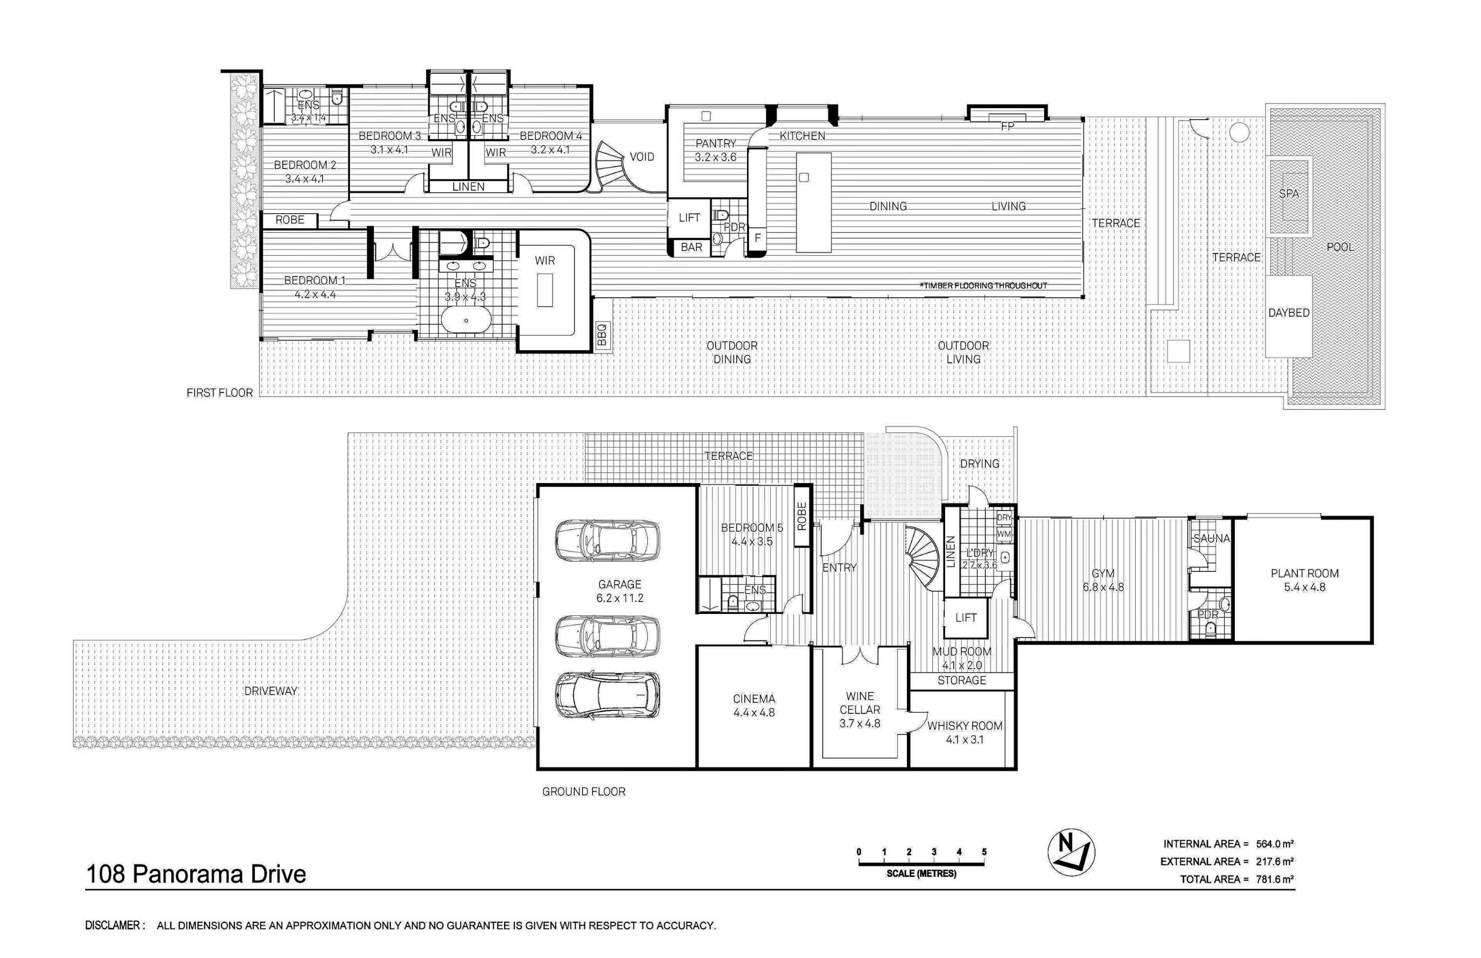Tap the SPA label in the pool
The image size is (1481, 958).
click(x=1289, y=193)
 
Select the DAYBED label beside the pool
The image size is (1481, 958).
click(x=1289, y=313)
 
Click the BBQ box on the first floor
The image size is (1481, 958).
click(x=602, y=334)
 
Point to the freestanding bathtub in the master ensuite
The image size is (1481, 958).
click(x=466, y=321)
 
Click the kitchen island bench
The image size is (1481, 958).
click(x=814, y=202)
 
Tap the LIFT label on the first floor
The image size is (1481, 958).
click(x=689, y=218)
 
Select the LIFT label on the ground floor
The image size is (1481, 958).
click(x=966, y=618)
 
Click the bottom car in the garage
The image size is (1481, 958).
click(x=607, y=694)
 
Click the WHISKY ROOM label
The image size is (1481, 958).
click(x=965, y=726)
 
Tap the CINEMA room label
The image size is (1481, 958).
click(x=754, y=698)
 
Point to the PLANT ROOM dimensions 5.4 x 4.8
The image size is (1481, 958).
click(x=1304, y=588)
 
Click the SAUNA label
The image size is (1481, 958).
click(x=1212, y=539)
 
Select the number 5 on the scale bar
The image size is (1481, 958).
click(x=984, y=851)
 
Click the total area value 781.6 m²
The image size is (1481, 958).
click(x=1275, y=879)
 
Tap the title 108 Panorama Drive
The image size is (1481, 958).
click(x=196, y=874)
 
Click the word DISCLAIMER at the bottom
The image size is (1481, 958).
click(x=112, y=926)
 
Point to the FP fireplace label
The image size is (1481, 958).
click(x=1008, y=127)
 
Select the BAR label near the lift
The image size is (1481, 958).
click(x=691, y=248)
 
